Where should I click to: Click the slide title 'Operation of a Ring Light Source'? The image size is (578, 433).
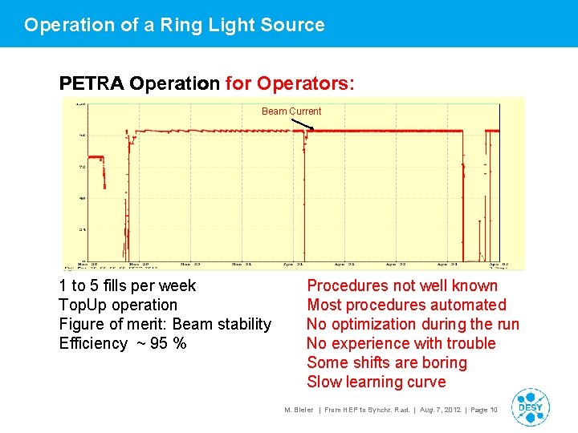point(174,25)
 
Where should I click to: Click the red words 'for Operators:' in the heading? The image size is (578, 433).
point(291,83)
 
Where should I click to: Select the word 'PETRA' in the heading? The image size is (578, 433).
point(92,83)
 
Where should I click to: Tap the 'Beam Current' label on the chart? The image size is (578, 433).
point(291,111)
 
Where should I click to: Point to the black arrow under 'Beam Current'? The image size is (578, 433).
point(303,124)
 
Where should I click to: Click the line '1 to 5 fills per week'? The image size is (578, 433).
point(127,286)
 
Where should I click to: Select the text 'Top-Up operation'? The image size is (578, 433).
point(118,306)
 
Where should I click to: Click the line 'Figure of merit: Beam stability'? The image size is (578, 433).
point(165,325)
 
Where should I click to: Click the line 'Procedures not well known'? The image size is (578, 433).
point(402,286)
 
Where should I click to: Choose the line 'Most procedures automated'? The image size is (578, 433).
point(406,306)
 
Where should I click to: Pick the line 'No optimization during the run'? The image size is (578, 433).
point(413,325)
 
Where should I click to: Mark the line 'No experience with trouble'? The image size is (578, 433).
point(401,344)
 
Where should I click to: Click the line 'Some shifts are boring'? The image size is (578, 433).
point(387,363)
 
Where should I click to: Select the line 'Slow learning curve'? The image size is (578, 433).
point(376,382)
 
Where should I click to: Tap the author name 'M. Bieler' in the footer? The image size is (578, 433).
point(299,411)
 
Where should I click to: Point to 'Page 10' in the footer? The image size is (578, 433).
point(483,411)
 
